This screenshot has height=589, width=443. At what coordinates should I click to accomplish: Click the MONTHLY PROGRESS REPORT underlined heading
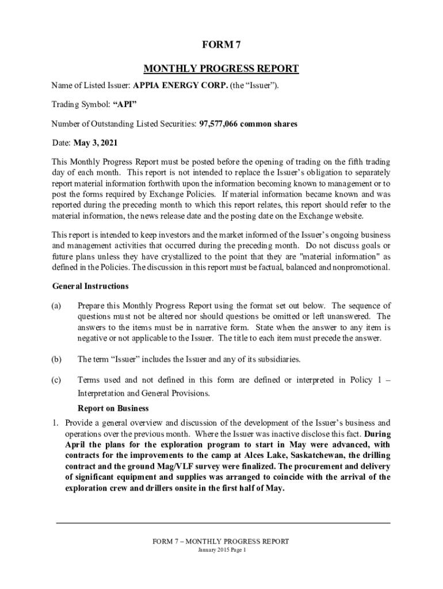click(x=221, y=69)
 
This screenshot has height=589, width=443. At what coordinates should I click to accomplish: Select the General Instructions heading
click(x=90, y=286)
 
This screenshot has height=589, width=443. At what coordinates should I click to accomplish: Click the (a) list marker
click(x=56, y=305)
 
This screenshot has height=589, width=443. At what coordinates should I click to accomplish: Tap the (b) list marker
click(x=56, y=359)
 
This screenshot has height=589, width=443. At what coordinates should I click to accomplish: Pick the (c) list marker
click(x=56, y=380)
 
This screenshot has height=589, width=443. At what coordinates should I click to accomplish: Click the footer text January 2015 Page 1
click(x=221, y=550)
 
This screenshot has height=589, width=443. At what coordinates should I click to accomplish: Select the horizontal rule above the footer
click(x=223, y=522)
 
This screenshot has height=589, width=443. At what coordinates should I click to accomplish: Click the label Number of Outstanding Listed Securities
click(x=123, y=124)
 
